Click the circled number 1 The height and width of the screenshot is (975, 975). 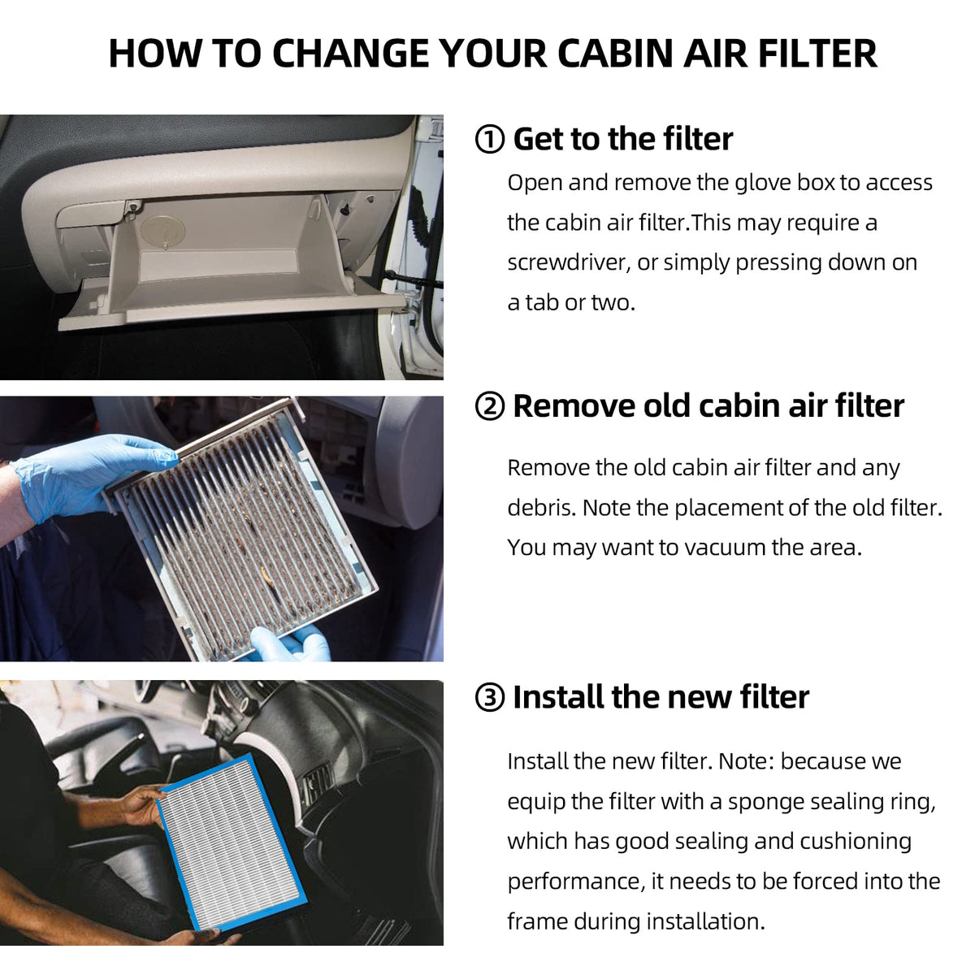point(489,139)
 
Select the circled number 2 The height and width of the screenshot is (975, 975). point(489,407)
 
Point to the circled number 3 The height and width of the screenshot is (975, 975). point(489,698)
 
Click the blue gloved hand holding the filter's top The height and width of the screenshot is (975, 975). point(91,475)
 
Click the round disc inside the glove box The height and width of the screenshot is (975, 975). point(163,230)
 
